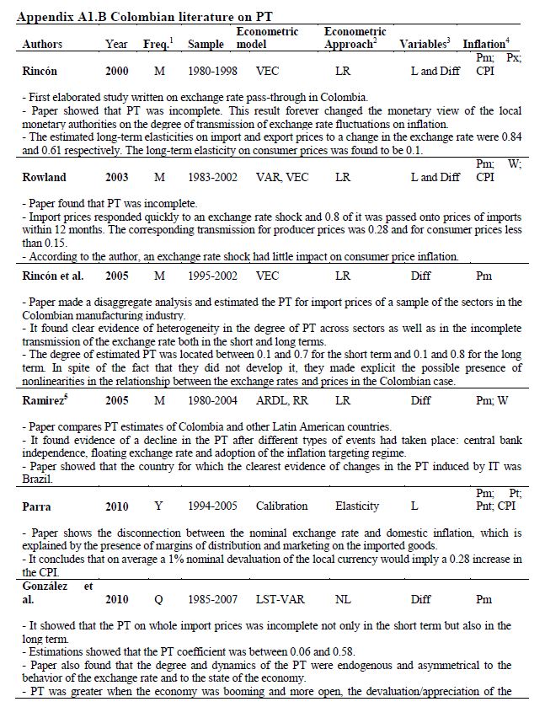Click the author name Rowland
coord(44,177)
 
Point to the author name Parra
coord(37,506)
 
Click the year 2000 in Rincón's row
coord(117,72)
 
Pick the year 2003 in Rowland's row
coord(117,177)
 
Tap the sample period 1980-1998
coord(206,72)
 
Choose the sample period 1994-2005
coord(206,506)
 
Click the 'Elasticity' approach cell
coord(357,506)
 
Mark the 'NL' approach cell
coord(343,599)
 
